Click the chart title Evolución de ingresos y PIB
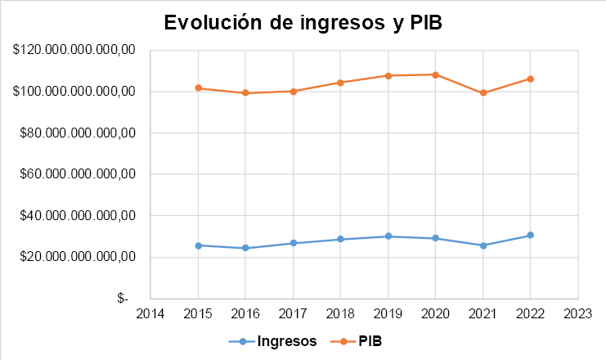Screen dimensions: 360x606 pos(303,23)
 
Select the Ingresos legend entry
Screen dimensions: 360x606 pos(286,342)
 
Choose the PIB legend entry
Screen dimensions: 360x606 pos(370,342)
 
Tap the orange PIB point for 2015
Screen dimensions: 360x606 pos(198,88)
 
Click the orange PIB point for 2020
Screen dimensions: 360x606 pos(435,74)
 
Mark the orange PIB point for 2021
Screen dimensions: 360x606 pos(483,93)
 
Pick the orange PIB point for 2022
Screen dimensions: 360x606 pos(531,79)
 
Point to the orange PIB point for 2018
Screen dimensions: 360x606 pos(340,83)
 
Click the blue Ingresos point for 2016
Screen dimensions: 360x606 pos(245,248)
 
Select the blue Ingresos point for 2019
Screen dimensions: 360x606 pos(388,236)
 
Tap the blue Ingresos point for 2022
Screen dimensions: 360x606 pos(531,236)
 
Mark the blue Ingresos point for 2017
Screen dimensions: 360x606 pos(293,243)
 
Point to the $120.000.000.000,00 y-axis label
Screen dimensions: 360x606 pos(73,51)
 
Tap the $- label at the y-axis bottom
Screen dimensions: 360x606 pos(123,299)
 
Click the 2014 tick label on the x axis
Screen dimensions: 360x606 pos(150,315)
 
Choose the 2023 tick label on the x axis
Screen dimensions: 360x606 pos(578,315)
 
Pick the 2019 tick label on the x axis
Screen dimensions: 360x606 pos(388,315)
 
